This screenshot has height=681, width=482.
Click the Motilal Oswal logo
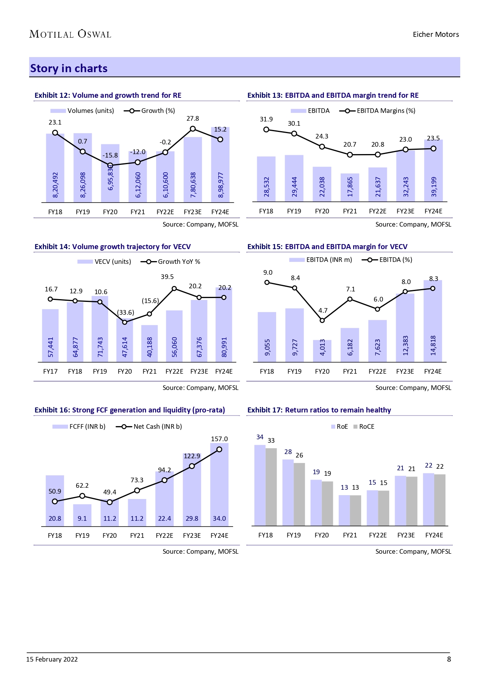point(70,34)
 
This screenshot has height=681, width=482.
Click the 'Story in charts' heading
point(69,68)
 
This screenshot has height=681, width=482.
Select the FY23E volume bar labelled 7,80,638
point(193,170)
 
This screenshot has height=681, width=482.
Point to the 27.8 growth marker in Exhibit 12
point(193,129)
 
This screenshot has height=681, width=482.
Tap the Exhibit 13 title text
point(333,95)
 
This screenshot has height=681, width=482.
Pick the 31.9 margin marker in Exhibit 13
point(266,129)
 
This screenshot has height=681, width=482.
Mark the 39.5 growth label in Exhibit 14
point(167,277)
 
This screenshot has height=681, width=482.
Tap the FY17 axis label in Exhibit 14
point(50,371)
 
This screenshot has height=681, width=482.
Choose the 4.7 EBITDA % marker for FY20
point(322,320)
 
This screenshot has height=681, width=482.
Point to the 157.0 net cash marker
point(219,449)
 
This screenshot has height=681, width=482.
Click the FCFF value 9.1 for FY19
point(82,518)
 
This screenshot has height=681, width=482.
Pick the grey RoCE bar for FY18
point(271,487)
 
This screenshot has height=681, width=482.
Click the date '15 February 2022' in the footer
point(52,659)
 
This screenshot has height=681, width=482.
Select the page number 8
point(449,659)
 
